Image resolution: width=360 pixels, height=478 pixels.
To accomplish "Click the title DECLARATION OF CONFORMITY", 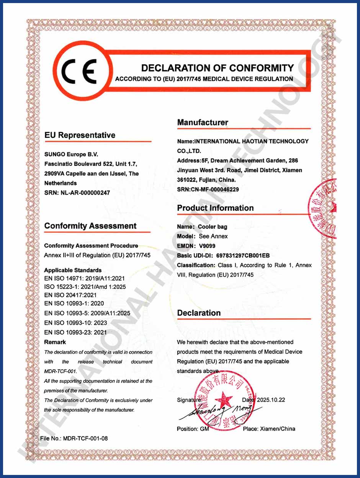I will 217,68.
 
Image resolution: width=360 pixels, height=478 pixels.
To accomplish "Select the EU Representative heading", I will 80,135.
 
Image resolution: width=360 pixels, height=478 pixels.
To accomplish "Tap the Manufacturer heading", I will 202,123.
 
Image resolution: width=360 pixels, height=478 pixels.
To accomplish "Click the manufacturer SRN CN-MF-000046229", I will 222,189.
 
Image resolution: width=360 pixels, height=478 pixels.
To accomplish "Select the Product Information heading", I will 215,208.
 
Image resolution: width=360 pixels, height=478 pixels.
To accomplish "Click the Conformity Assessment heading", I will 90,226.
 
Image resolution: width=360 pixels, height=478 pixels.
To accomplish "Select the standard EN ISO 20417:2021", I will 70,295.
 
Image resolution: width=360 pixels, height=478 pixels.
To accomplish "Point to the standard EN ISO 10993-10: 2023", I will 75,323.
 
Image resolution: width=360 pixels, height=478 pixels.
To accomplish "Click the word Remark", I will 55,342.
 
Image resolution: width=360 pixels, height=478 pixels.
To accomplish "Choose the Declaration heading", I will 199,313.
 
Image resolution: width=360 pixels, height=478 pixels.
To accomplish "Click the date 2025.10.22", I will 271,400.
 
